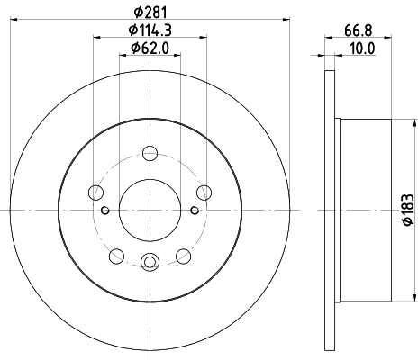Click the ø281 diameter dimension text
click(150, 11)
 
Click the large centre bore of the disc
click(150, 210)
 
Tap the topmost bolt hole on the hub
click(150, 154)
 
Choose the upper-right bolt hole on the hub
click(204, 191)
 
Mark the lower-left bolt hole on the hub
click(116, 256)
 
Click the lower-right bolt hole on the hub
click(184, 256)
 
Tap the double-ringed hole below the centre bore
click(150, 262)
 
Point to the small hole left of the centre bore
click(105, 211)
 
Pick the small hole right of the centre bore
click(195, 211)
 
